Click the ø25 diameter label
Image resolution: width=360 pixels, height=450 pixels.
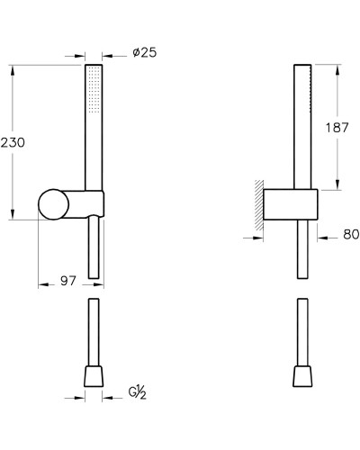[x=145, y=53]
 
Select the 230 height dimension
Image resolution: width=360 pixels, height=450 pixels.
[x=13, y=142]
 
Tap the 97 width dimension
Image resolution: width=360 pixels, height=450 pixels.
[x=68, y=281]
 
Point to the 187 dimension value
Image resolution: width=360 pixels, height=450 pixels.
[x=337, y=128]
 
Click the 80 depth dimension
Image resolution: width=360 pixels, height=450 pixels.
[x=351, y=234]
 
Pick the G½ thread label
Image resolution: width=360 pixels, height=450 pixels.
[x=138, y=393]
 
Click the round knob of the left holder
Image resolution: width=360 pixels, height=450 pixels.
[x=54, y=204]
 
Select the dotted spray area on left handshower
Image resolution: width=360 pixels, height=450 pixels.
[x=94, y=90]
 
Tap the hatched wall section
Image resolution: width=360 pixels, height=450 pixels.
[x=259, y=205]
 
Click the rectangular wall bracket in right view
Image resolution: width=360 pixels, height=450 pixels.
[x=291, y=204]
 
